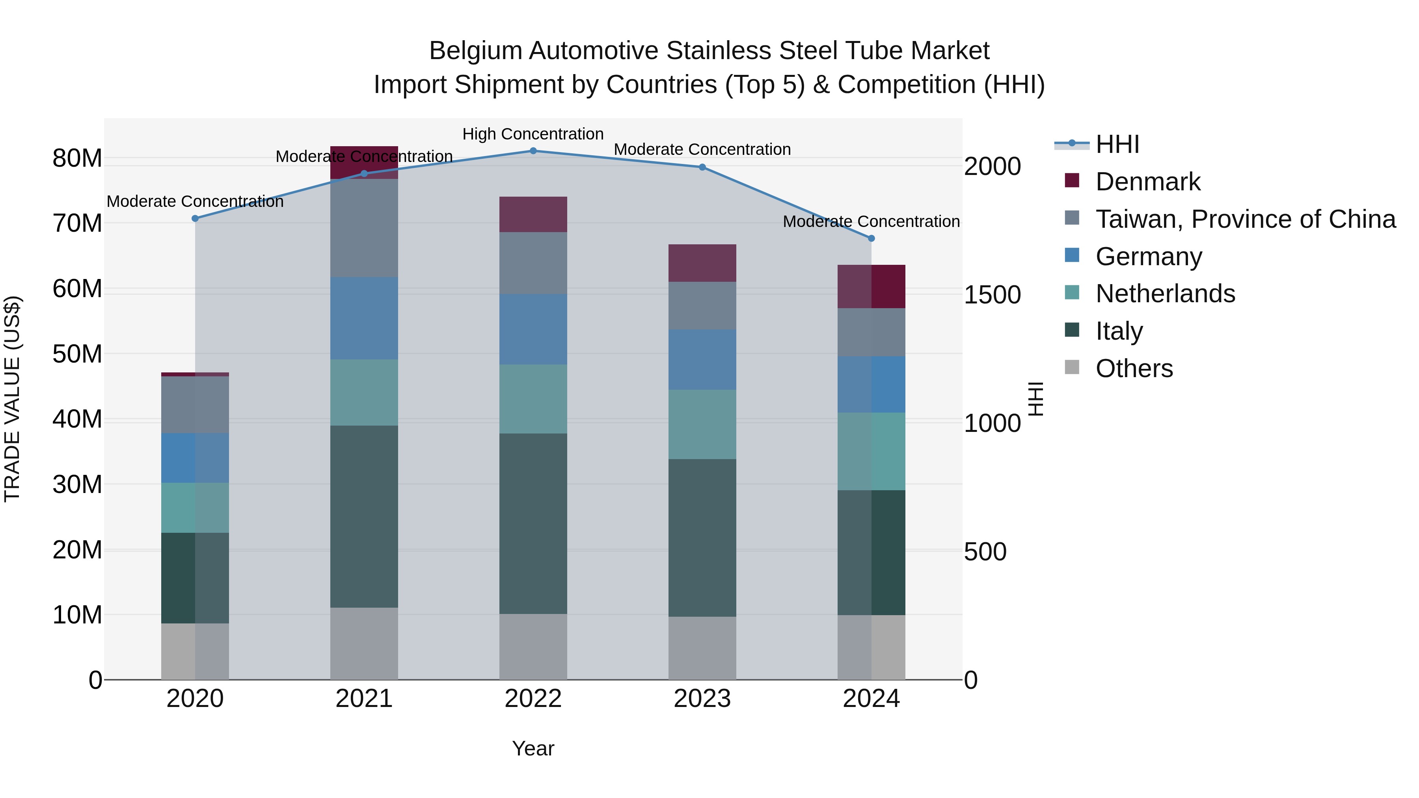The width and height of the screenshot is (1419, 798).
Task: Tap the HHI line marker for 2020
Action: point(195,219)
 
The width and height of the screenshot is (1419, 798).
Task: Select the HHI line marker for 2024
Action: point(871,238)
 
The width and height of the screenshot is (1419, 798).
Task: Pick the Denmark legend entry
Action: point(1147,182)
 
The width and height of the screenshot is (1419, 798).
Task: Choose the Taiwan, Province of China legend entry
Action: point(1245,219)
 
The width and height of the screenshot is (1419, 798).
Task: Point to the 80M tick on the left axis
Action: point(77,158)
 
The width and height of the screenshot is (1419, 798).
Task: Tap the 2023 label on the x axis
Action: point(702,699)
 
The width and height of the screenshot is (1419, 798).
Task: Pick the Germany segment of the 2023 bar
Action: point(702,360)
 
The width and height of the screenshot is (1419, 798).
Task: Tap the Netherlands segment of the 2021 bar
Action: point(364,392)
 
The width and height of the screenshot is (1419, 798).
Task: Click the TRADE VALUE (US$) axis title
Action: point(12,399)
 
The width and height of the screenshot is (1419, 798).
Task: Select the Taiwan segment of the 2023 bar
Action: point(702,306)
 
